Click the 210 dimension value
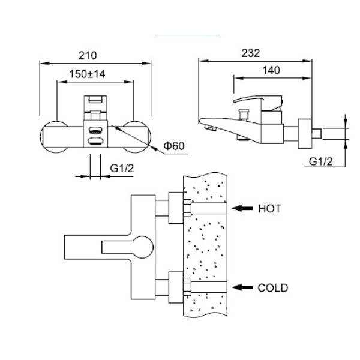(88, 55)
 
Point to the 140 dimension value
(272, 70)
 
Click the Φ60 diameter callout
(173, 146)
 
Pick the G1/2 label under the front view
(122, 169)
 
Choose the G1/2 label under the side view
(322, 161)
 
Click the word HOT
(269, 209)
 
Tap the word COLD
(273, 288)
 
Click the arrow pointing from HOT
(242, 208)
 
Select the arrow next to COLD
(242, 288)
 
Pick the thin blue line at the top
(187, 35)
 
